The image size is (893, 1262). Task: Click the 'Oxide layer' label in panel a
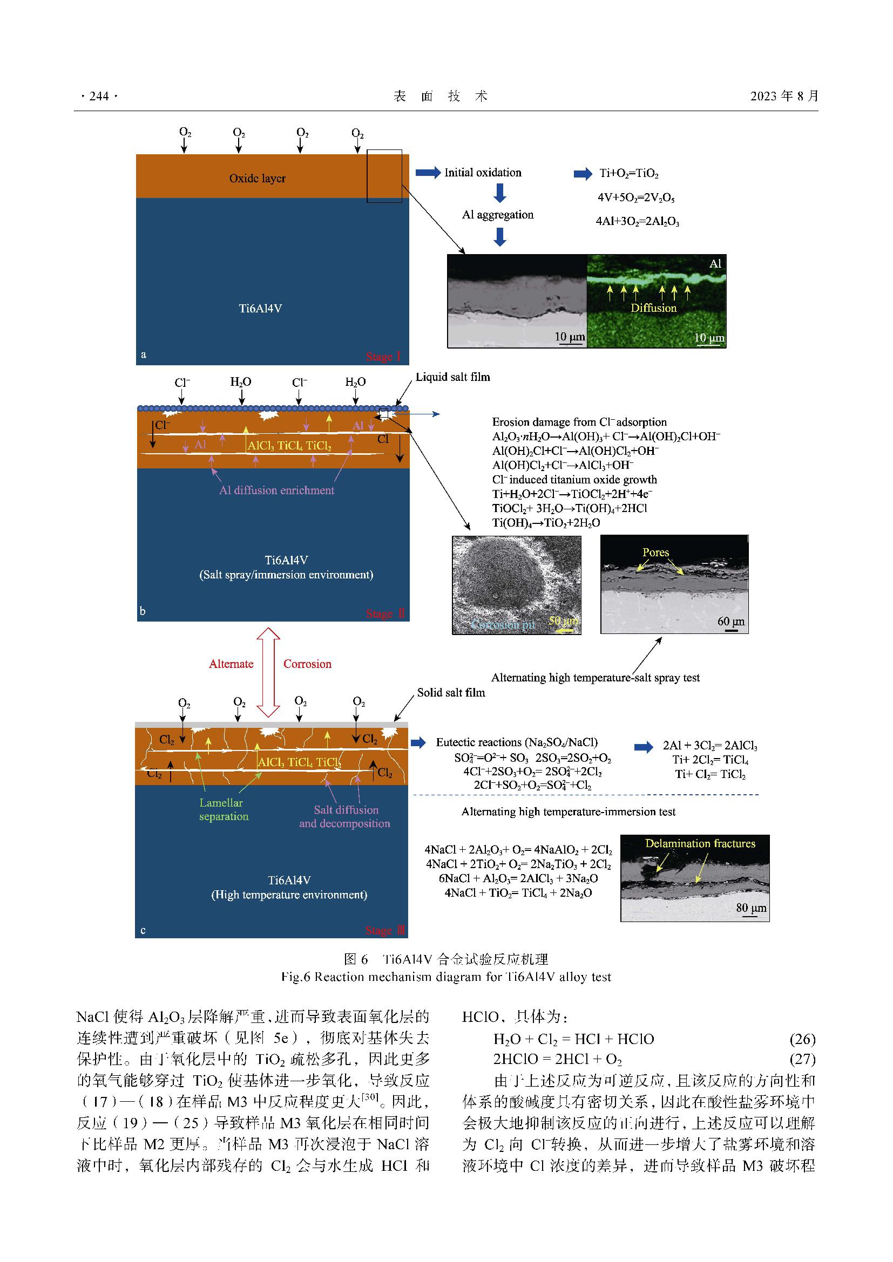point(258,178)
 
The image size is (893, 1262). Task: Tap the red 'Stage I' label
point(383,357)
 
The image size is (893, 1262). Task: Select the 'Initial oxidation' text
point(483,173)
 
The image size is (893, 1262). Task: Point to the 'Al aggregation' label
point(498,215)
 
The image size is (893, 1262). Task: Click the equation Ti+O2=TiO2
point(629,174)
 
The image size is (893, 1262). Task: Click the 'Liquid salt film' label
point(452,377)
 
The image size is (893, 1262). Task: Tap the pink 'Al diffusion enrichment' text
point(276,490)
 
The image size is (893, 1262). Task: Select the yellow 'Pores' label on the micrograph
point(656,552)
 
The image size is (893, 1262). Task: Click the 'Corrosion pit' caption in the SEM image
point(503,625)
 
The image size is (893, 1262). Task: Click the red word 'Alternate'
point(231,664)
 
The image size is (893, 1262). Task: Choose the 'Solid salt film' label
point(451,693)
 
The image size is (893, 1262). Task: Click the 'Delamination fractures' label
point(700,844)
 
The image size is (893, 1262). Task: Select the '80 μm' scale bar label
point(751,908)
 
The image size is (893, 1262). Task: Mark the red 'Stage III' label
point(385,931)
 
